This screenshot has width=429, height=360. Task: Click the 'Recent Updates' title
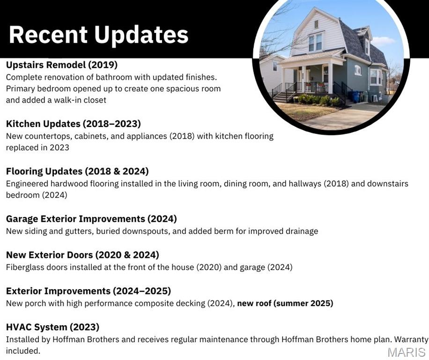tap(99, 35)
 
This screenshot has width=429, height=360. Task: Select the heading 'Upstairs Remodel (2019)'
tap(62, 65)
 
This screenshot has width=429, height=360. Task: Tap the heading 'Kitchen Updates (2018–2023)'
tap(74, 124)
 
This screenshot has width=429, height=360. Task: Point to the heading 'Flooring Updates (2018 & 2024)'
tap(77, 172)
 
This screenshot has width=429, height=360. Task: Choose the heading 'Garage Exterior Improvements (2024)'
tap(91, 219)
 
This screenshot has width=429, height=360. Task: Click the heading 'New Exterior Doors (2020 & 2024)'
tap(82, 255)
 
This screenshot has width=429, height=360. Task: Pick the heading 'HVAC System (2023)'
tap(52, 327)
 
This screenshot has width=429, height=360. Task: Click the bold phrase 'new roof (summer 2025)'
tap(285, 303)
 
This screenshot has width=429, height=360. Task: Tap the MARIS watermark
tap(407, 352)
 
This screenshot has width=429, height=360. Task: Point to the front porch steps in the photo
tap(281, 97)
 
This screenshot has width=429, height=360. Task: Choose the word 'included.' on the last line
tap(23, 351)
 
